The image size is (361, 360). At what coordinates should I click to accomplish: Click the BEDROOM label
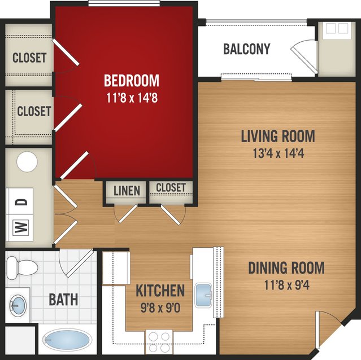coord(132,81)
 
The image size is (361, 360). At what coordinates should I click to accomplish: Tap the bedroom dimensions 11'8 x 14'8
coord(132,98)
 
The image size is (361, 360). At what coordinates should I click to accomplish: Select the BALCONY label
coord(246,49)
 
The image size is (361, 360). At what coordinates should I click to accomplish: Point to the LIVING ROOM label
coord(278,136)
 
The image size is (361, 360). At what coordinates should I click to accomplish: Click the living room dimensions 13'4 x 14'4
coord(279,153)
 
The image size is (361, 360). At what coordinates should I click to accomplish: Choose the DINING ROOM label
coord(286,267)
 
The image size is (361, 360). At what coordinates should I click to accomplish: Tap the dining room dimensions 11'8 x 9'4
coord(286,285)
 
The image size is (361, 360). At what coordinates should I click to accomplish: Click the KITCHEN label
coord(160,291)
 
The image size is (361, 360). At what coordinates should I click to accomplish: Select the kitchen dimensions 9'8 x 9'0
coord(160,308)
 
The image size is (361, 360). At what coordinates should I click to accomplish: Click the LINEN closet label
coord(127,191)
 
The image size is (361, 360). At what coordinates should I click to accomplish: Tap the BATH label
coord(63,300)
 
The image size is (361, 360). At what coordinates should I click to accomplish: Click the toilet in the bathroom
coord(22,267)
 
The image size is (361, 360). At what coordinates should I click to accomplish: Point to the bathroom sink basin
coord(18,306)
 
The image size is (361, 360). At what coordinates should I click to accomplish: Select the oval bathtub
coord(67,340)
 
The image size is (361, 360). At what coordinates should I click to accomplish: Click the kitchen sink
coord(203,296)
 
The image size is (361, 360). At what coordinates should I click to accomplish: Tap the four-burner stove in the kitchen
coord(159,342)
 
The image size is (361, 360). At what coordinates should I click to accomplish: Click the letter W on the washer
coord(20,227)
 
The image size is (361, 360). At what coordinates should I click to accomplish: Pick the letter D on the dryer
coord(21,202)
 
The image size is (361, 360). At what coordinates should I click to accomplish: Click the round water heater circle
coord(27,161)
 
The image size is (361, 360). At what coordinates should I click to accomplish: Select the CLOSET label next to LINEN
coord(171,187)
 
